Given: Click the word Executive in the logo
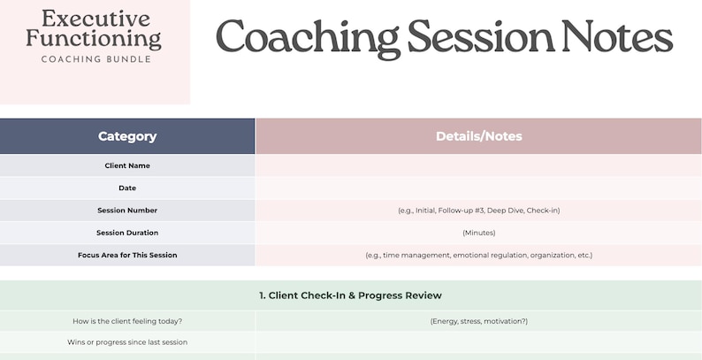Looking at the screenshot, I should (95, 18).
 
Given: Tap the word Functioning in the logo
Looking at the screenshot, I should (94, 38).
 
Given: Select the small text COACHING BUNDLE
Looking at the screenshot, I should (95, 59).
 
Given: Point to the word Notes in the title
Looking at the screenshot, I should (614, 38).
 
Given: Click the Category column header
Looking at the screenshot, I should (127, 136).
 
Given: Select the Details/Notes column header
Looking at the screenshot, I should (478, 136).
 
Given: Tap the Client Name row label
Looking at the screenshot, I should (127, 165).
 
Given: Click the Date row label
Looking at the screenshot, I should (127, 188).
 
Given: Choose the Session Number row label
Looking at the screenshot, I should (127, 211).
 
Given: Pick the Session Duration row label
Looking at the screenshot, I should (127, 233).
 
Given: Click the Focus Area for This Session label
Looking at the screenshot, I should (127, 256).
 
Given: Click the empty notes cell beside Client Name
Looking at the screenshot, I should (478, 165).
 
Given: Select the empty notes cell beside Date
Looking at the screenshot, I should (478, 188).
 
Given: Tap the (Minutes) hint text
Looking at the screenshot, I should (478, 233).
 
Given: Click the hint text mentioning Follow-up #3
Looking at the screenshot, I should (478, 211).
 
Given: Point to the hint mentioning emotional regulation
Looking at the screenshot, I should (478, 256).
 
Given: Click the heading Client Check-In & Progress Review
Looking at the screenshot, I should (350, 295).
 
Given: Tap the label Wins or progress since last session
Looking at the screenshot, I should (127, 342).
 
